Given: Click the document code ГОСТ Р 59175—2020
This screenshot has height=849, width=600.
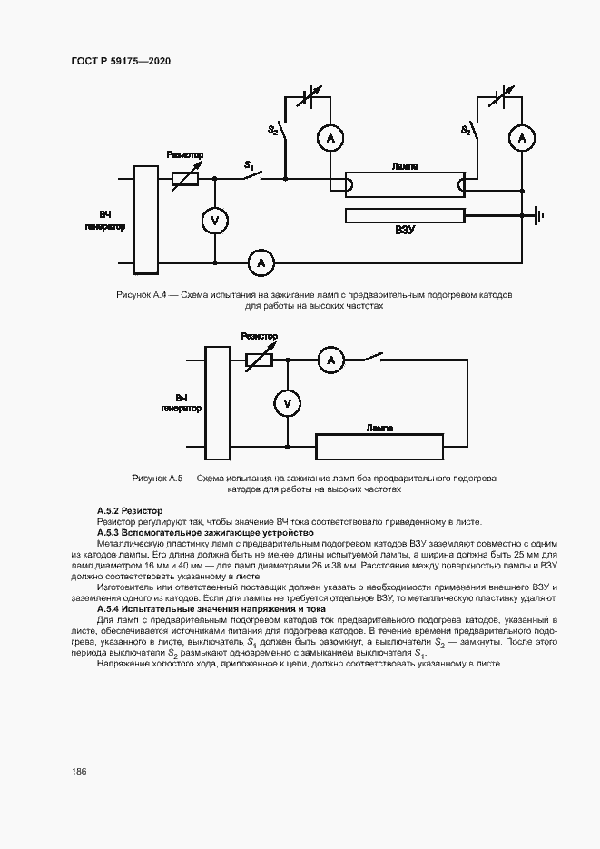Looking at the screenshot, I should [121, 61].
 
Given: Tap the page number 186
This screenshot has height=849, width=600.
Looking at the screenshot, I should [78, 771].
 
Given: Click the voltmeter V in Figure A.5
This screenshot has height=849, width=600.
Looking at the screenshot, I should [287, 403].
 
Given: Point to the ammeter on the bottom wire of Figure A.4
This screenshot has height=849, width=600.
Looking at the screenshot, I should [261, 262].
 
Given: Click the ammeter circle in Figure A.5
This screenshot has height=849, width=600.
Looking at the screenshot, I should [330, 360].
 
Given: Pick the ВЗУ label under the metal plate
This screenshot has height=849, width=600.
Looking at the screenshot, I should [405, 231].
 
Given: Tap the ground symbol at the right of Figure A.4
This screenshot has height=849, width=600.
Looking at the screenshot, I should [538, 216].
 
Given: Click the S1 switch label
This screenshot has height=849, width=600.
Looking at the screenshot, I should [249, 165].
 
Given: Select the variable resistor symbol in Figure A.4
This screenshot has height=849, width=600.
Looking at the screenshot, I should [185, 179].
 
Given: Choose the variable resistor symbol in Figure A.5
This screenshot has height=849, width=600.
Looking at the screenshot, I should [260, 360].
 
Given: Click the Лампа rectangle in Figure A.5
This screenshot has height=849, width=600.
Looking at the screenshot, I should [379, 447].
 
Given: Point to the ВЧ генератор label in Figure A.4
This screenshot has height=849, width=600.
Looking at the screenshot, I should [105, 221].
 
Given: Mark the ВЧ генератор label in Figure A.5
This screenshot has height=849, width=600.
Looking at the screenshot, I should [181, 403].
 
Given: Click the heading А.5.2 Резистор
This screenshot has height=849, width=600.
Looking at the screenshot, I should [130, 511].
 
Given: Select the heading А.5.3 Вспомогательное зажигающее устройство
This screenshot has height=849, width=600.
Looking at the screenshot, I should [204, 532].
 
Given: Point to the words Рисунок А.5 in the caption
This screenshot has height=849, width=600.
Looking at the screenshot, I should [158, 478].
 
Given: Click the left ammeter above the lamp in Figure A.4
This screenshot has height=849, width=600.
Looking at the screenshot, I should [330, 138].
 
